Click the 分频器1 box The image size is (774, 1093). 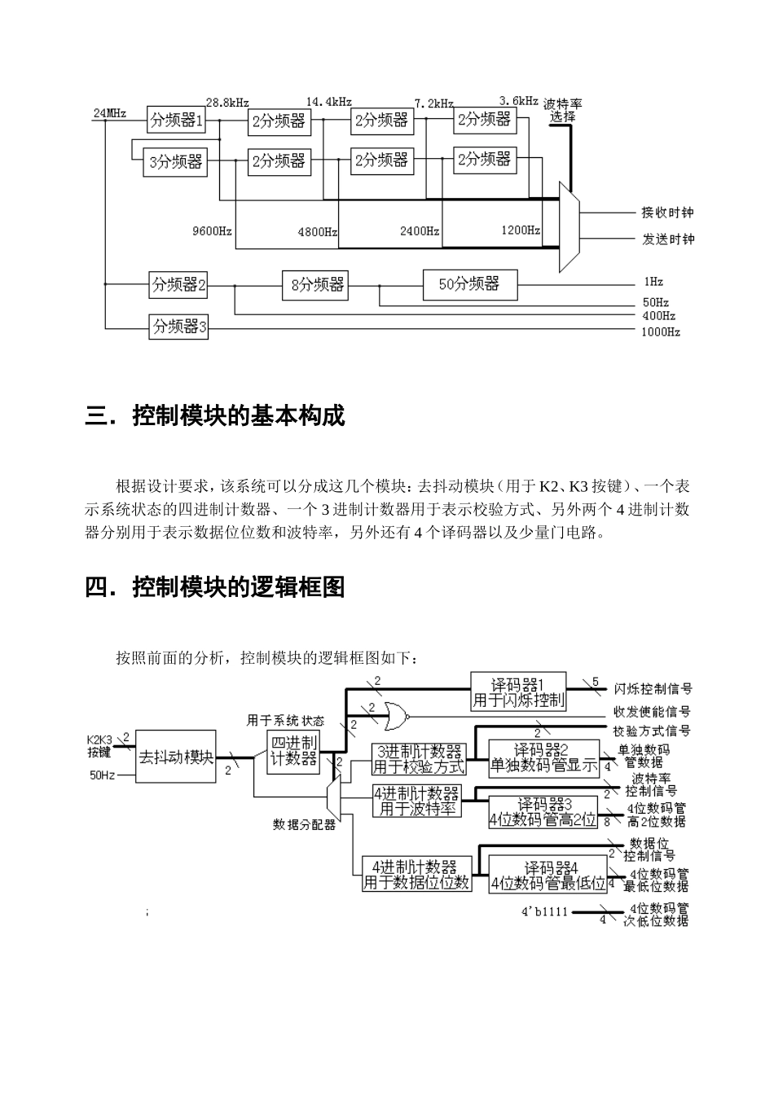[176, 121]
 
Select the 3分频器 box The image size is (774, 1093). [175, 161]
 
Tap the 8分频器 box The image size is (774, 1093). [318, 284]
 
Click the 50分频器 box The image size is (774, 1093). [469, 284]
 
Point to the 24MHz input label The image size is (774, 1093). [110, 113]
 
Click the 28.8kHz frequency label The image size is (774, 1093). [227, 103]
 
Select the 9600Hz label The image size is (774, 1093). [212, 231]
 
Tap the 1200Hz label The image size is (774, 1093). [521, 230]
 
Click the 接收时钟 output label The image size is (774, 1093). [667, 213]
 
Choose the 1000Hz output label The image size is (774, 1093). [660, 332]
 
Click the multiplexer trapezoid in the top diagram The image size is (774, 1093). [568, 226]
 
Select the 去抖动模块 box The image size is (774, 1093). [176, 757]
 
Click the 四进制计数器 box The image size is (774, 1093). [294, 751]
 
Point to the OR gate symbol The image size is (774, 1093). [397, 716]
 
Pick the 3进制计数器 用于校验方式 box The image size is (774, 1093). [419, 759]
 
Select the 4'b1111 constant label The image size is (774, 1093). [544, 912]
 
